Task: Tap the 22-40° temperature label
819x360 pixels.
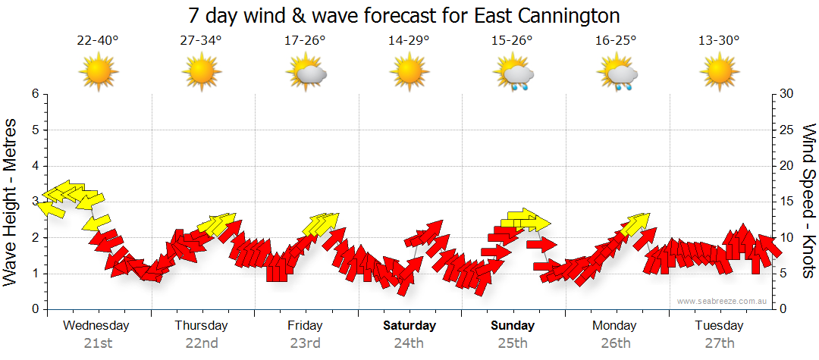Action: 98,42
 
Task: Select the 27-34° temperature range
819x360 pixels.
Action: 201,42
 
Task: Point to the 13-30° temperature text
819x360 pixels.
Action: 719,42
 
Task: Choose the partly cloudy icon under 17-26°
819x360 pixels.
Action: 306,74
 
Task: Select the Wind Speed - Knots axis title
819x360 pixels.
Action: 808,202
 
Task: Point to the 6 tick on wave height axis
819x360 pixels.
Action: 35,94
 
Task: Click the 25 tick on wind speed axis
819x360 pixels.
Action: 786,130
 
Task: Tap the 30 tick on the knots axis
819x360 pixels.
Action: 786,94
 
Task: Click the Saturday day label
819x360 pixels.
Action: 409,326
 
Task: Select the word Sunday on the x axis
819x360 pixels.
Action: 513,326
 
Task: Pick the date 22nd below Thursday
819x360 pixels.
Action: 202,343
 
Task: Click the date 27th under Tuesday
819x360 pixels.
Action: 720,343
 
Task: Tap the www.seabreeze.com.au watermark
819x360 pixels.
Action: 723,301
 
